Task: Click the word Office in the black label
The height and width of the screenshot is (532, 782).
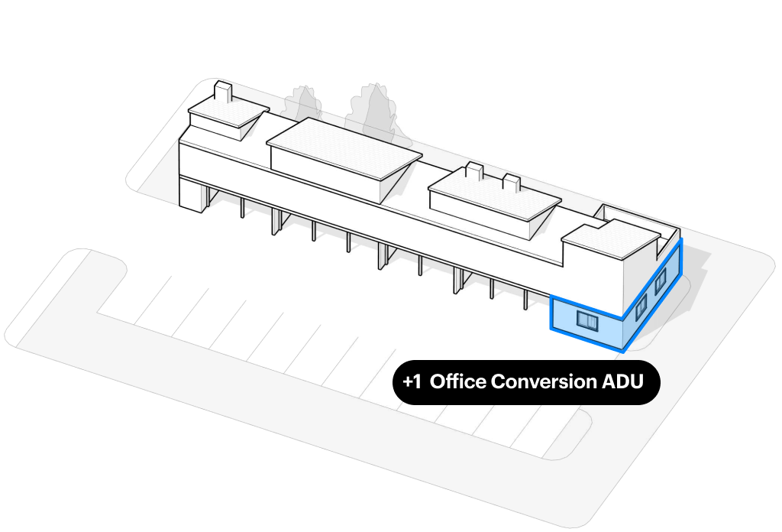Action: tap(458, 381)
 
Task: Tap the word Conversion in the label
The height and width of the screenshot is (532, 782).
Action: tap(544, 381)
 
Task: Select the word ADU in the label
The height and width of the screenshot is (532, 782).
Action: tap(622, 381)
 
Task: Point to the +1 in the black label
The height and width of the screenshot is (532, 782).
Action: tap(412, 381)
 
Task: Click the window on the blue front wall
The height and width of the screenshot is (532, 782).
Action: tap(587, 320)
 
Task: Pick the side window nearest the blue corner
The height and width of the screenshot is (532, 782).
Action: tap(641, 307)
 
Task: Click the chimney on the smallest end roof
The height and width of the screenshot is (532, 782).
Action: tap(223, 92)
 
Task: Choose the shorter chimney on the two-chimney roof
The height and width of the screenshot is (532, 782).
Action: tap(511, 182)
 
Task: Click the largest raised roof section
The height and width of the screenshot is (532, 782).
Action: tap(344, 148)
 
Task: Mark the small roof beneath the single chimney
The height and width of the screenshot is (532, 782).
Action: tap(228, 113)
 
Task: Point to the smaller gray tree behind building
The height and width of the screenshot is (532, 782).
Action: tap(302, 104)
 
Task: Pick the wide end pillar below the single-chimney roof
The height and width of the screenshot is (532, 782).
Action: tap(193, 195)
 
